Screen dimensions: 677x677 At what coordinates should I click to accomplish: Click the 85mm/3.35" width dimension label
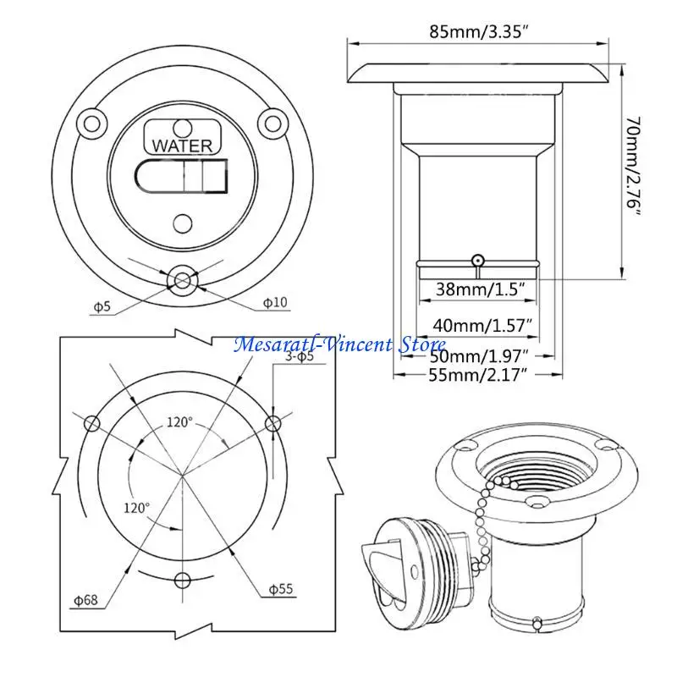tap(479, 31)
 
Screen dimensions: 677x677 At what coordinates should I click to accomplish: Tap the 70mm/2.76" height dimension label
tap(633, 167)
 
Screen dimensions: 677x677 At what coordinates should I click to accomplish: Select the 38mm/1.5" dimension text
tap(480, 289)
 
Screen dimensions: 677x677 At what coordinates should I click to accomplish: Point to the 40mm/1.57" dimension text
tap(482, 325)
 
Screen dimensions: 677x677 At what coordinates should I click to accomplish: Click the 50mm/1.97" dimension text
tap(479, 356)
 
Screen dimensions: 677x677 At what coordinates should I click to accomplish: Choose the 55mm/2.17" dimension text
tap(478, 374)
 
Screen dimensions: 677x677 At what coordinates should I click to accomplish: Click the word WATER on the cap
tap(182, 146)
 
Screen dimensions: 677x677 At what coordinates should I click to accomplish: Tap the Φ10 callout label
tap(275, 302)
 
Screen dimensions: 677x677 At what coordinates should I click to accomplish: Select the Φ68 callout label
tap(86, 600)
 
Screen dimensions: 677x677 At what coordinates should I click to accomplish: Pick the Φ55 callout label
tap(281, 589)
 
